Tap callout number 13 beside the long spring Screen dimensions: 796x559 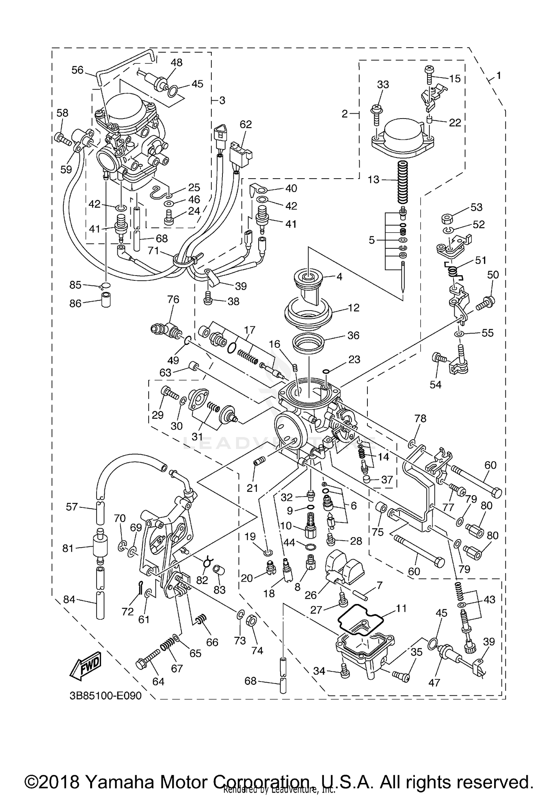[373, 179]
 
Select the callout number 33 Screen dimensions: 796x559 [383, 85]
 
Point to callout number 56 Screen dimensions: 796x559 [78, 70]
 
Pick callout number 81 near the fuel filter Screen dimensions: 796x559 [68, 548]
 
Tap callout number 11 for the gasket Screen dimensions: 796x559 [401, 608]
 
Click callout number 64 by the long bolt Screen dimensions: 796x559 [158, 682]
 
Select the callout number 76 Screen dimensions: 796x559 [173, 299]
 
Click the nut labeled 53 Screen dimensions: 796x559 [446, 218]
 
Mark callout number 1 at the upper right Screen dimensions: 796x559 [499, 76]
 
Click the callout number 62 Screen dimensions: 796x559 [246, 124]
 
